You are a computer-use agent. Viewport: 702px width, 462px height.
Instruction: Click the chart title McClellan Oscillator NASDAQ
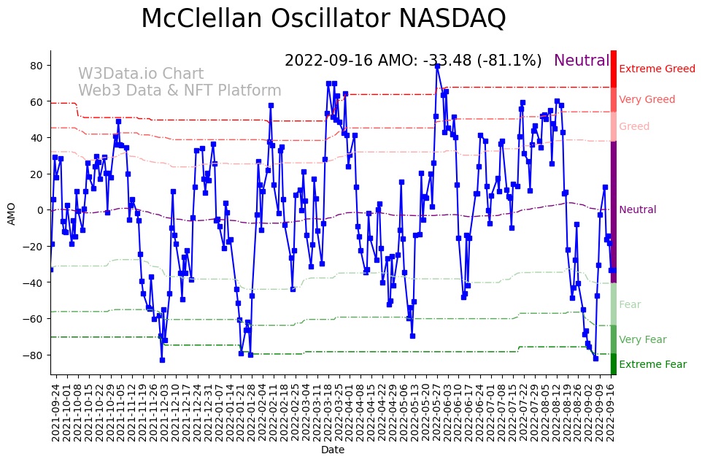[323, 18]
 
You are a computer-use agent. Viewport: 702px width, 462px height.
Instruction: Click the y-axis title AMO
[11, 213]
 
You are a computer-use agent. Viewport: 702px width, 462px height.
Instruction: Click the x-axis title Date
[333, 450]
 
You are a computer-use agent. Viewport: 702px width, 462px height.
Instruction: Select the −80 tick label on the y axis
[34, 355]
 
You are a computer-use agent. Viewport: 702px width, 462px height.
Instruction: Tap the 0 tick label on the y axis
[41, 210]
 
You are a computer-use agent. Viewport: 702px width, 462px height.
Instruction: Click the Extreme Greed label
[657, 69]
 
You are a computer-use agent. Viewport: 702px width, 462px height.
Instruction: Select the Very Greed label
[647, 100]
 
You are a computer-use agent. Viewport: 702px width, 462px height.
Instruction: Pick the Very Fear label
[642, 340]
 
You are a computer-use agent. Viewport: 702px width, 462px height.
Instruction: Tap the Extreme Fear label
[652, 365]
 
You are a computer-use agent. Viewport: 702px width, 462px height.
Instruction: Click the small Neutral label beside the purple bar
[637, 210]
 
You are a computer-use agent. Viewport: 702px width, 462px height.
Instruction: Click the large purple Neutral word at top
[581, 61]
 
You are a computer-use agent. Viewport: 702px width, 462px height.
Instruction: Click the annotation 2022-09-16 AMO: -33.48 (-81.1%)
[413, 61]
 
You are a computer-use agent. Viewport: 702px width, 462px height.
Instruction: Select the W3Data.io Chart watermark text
[141, 74]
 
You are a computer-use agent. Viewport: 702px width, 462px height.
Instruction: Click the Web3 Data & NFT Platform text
[180, 91]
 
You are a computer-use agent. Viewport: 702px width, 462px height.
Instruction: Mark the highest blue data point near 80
[437, 66]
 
